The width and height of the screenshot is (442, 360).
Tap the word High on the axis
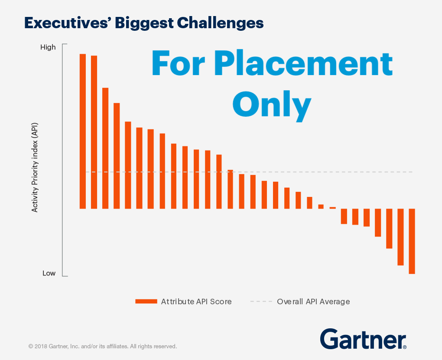pyautogui.click(x=48, y=47)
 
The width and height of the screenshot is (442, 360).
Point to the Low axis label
pyautogui.click(x=49, y=273)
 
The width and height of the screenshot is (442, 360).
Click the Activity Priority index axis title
pyautogui.click(x=35, y=167)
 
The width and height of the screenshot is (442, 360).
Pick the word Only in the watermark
pyautogui.click(x=272, y=105)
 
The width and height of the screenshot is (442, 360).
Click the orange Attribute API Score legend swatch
pyautogui.click(x=146, y=301)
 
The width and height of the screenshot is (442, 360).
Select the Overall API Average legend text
pyautogui.click(x=313, y=301)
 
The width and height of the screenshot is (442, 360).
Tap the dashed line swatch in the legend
pyautogui.click(x=261, y=301)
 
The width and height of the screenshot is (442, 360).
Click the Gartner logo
pyautogui.click(x=363, y=339)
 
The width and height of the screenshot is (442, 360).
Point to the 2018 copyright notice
pyautogui.click(x=102, y=347)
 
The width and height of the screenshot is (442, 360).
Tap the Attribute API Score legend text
pyautogui.click(x=196, y=301)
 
